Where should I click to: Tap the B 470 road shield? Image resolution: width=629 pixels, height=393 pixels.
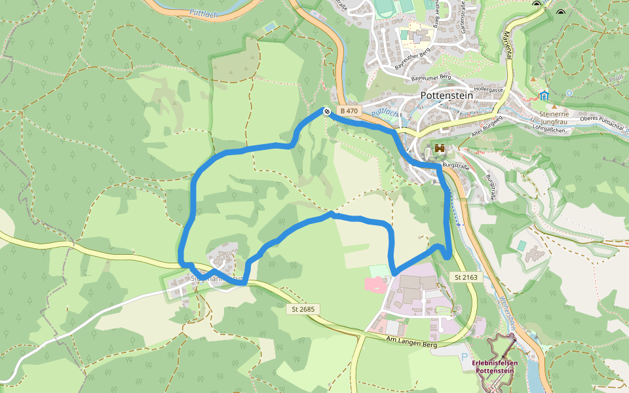(348, 111)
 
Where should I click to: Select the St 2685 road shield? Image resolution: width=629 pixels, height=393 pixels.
(304, 309)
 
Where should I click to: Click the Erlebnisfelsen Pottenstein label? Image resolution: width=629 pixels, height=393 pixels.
(495, 367)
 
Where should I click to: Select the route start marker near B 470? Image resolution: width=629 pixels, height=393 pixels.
(326, 111)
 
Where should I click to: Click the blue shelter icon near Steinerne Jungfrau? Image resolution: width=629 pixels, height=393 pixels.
(544, 96)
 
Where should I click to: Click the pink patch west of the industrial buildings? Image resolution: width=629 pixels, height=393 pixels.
(375, 284)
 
